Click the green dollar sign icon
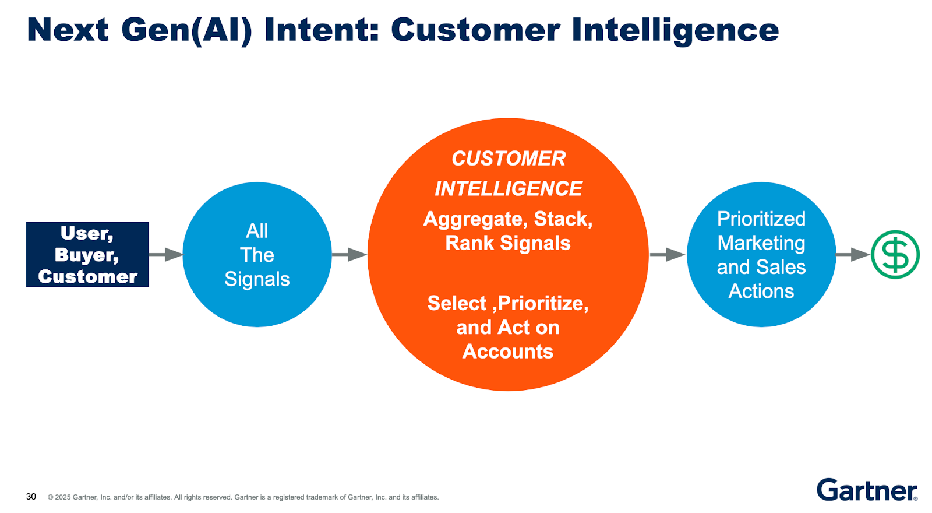coord(895,255)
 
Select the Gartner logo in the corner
coord(867,490)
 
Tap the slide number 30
coord(31,497)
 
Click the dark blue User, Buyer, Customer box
coord(87,254)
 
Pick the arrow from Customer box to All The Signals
coord(166,254)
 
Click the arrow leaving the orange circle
coord(668,254)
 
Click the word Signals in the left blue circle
coord(257,279)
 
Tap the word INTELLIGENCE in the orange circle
coord(508,189)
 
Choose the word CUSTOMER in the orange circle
coord(508,159)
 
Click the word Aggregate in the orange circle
coord(473,219)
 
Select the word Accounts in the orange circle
coord(508,352)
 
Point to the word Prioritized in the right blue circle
coord(761,219)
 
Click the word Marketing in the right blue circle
coord(761,243)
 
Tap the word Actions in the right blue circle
coord(761,291)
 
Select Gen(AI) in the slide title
coord(186,30)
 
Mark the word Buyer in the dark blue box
coord(86,255)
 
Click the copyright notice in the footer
coord(243,497)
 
